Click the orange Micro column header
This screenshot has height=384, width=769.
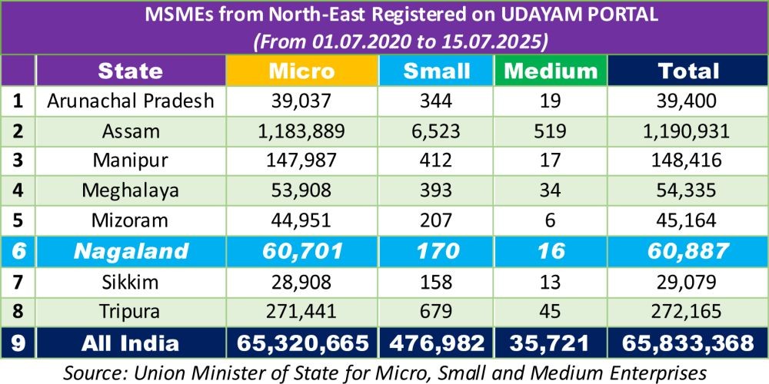click(301, 71)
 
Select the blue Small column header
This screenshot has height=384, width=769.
click(437, 71)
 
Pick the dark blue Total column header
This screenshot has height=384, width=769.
click(688, 71)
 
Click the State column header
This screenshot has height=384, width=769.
click(130, 71)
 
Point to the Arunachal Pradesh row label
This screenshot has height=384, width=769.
click(130, 101)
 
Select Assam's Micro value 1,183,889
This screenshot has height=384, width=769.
click(301, 131)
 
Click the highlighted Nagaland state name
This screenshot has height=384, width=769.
click(130, 251)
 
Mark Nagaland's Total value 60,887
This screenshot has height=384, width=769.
click(688, 251)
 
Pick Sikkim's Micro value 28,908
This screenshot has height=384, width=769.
click(301, 282)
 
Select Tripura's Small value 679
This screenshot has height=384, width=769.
click(437, 312)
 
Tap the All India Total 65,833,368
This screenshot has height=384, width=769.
click(688, 343)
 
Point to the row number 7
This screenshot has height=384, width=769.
click(18, 282)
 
